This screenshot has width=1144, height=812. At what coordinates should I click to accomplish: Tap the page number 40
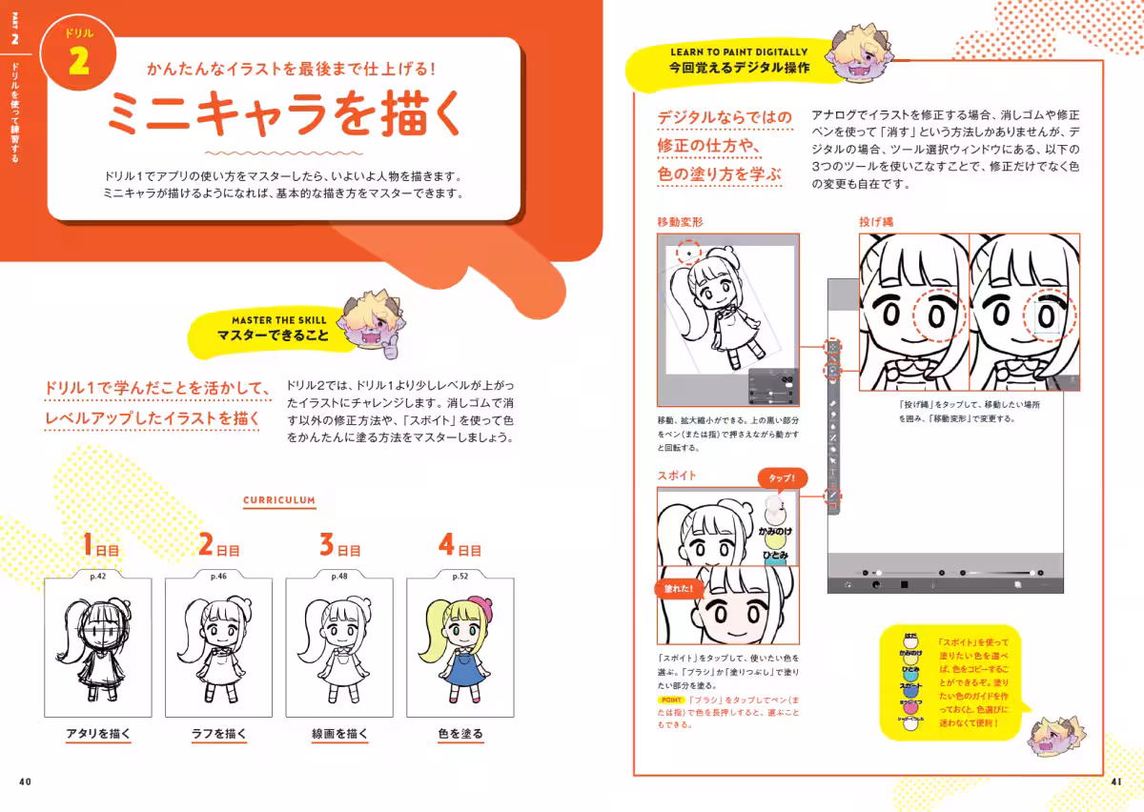pyautogui.click(x=26, y=782)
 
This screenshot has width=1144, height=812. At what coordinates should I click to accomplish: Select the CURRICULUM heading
pyautogui.click(x=279, y=499)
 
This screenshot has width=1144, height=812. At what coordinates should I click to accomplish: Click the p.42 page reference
pyautogui.click(x=97, y=576)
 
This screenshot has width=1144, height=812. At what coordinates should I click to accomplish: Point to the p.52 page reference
pyautogui.click(x=460, y=576)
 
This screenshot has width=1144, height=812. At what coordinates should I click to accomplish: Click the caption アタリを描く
pyautogui.click(x=97, y=734)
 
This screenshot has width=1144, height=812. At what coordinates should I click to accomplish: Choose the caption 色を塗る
pyautogui.click(x=460, y=734)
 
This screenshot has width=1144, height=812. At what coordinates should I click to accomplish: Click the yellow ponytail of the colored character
pyautogui.click(x=432, y=634)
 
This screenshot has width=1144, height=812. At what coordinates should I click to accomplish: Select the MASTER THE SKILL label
pyautogui.click(x=278, y=320)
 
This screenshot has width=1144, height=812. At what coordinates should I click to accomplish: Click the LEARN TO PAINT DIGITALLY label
pyautogui.click(x=739, y=52)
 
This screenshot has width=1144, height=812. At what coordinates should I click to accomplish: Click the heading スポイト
pyautogui.click(x=676, y=475)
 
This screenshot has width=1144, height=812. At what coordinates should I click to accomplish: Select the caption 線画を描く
pyautogui.click(x=339, y=734)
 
